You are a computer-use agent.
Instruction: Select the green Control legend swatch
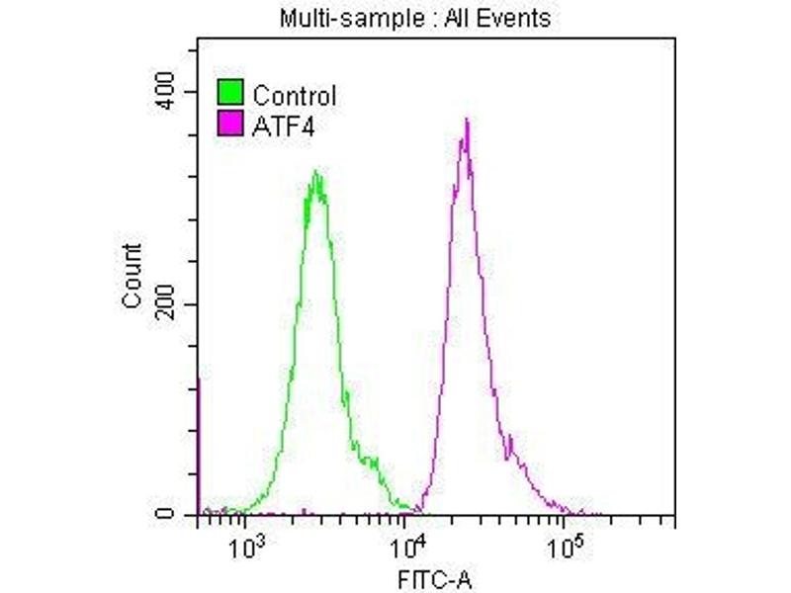[x=230, y=95]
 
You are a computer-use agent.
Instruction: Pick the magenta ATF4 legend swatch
[x=230, y=123]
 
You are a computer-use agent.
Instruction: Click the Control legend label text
[x=295, y=96]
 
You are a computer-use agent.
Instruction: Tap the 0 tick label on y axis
[x=181, y=515]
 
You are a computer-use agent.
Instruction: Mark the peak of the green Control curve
[x=315, y=173]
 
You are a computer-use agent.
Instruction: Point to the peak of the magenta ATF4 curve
[x=466, y=121]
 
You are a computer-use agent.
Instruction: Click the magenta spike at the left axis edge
[x=200, y=445]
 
